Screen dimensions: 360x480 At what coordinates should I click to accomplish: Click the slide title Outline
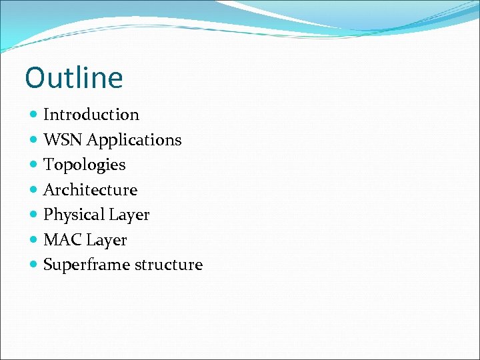pyautogui.click(x=74, y=77)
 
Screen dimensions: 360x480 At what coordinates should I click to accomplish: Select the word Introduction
pyautogui.click(x=91, y=115)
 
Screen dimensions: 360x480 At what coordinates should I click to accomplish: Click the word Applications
pyautogui.click(x=134, y=140)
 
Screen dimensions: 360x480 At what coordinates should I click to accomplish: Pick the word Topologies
pyautogui.click(x=84, y=165)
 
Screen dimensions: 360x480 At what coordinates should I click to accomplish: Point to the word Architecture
pyautogui.click(x=90, y=190)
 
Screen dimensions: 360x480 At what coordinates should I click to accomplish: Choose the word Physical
pyautogui.click(x=74, y=215)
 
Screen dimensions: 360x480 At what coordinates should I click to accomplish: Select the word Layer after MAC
pyautogui.click(x=107, y=240)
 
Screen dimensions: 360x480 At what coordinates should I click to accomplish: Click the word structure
pyautogui.click(x=169, y=265)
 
